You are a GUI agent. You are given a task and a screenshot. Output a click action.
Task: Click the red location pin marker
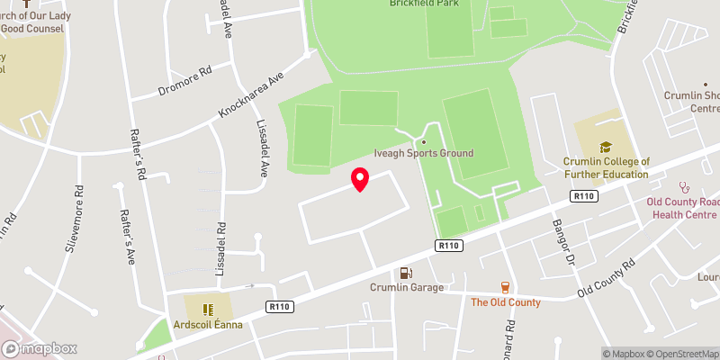click(x=360, y=180)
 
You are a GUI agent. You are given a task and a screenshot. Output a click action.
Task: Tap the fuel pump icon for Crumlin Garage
click(x=407, y=273)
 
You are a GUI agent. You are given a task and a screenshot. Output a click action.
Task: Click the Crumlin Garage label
click(x=407, y=287)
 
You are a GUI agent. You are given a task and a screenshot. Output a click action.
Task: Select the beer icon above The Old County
click(x=505, y=287)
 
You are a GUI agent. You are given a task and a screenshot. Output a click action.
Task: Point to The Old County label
click(x=506, y=302)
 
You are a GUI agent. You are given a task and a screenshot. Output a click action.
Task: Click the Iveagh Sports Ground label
click(x=423, y=154)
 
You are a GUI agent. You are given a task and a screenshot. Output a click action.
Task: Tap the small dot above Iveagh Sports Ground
click(x=423, y=141)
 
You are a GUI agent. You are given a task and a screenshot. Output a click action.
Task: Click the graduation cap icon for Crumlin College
click(x=606, y=147)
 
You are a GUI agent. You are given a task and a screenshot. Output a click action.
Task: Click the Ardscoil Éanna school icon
click(x=207, y=309)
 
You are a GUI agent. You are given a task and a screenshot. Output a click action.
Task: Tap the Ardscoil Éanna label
click(x=207, y=324)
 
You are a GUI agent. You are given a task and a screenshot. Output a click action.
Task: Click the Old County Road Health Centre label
click(x=683, y=208)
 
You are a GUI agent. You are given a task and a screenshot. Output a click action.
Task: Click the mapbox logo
click(x=40, y=348)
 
